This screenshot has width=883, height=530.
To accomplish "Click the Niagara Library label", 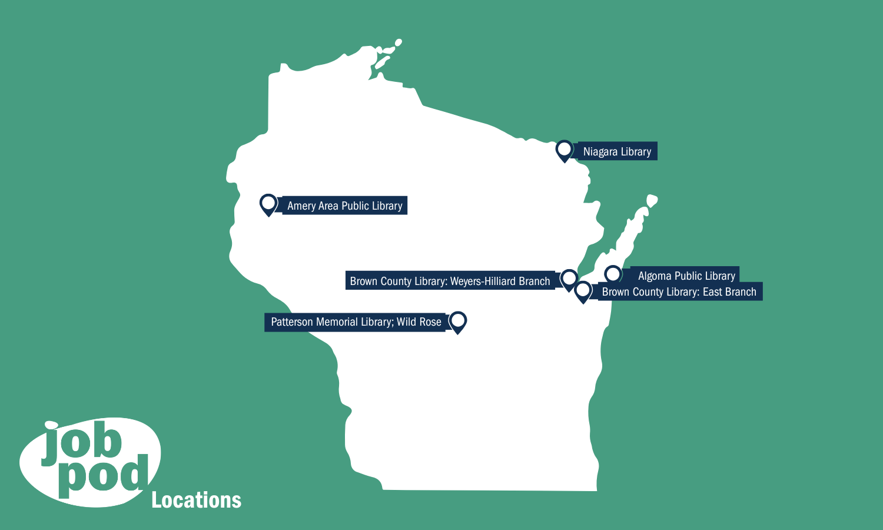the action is click(617, 151).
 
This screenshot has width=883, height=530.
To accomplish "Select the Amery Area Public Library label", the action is click(344, 206).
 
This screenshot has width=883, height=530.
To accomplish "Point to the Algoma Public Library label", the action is click(686, 276).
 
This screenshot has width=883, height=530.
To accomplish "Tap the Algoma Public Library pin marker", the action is click(613, 274).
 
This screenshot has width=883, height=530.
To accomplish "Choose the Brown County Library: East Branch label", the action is click(679, 291).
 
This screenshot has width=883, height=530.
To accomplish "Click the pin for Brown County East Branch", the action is click(583, 290).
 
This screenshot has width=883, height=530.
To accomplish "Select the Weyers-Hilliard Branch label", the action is click(450, 281).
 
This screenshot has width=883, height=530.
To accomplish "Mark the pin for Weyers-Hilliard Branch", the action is click(569, 279).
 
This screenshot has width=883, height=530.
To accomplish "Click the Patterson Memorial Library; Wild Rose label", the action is click(356, 322).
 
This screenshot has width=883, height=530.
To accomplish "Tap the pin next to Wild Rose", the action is click(458, 322).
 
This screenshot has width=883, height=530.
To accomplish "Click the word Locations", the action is click(197, 500).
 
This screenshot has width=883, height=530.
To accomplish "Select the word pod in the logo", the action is click(103, 476).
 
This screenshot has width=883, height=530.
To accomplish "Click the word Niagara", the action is click(600, 151).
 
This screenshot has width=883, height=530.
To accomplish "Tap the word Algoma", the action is click(655, 276).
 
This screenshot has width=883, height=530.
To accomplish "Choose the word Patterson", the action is click(292, 322).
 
